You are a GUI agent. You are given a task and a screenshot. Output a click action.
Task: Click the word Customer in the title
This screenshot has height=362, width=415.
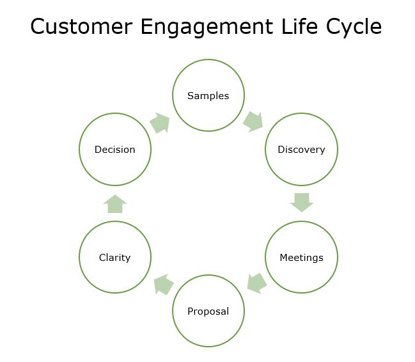(x=81, y=26)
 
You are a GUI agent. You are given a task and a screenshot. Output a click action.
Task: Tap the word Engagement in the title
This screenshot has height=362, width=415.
(x=207, y=28)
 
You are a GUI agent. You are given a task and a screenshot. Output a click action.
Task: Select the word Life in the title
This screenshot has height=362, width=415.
(x=299, y=26)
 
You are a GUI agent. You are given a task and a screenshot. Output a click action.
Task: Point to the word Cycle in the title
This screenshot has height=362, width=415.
(x=354, y=28)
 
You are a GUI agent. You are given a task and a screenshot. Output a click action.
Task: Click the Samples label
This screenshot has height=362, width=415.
(x=208, y=96)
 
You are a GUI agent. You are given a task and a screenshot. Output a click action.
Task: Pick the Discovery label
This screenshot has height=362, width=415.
(x=301, y=150)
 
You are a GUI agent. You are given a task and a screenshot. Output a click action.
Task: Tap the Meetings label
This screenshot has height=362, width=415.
(x=301, y=258)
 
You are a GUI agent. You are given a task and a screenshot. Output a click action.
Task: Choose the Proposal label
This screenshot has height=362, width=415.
(x=208, y=311)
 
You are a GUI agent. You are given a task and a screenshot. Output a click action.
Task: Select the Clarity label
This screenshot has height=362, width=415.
(x=114, y=258)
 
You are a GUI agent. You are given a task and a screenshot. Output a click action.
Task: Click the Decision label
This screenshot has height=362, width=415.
(x=115, y=150)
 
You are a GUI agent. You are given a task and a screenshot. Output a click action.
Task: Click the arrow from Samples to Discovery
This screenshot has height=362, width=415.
(x=253, y=122)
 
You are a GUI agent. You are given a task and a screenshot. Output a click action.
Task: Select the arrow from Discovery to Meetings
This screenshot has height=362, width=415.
(x=302, y=202)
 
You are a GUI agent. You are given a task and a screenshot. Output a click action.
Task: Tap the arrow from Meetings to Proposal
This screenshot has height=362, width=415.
(x=256, y=283)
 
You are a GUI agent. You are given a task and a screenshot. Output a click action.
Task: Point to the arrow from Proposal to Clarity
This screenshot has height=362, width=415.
(x=164, y=285)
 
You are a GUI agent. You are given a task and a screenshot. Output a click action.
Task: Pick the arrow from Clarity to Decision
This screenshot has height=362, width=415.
(x=115, y=204)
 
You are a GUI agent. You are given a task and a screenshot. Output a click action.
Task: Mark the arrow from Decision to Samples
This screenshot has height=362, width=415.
(x=160, y=123)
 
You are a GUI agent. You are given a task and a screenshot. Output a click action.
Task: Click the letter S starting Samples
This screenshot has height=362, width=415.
(x=191, y=96)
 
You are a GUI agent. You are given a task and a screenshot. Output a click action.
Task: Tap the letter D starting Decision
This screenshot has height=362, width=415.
(x=98, y=150)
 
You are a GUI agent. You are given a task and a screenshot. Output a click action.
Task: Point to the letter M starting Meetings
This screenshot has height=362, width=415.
(x=283, y=257)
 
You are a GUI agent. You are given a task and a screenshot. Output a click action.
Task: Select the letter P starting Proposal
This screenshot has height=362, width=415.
(x=191, y=311)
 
